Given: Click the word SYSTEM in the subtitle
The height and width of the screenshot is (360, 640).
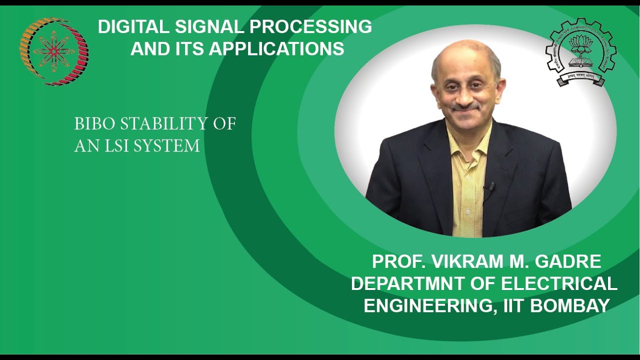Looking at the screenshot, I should click(167, 146).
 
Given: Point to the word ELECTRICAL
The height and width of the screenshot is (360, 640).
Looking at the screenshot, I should click(559, 283).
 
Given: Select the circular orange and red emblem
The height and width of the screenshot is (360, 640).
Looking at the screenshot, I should click(54, 51).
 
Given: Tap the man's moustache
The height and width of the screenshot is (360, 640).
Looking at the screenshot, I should click(464, 106).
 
